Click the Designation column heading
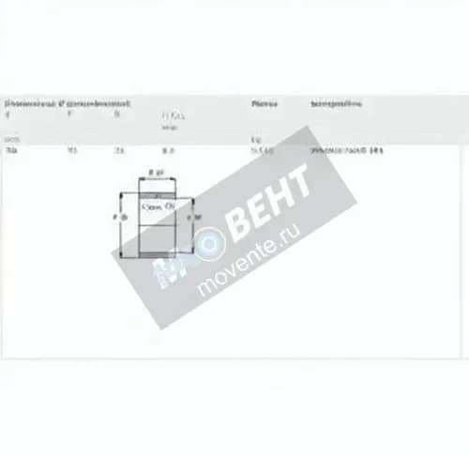[x=336, y=103]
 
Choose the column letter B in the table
[x=117, y=114]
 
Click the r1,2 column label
[x=172, y=115]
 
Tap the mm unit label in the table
[x=10, y=138]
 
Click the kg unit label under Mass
[x=256, y=138]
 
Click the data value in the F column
[x=71, y=150]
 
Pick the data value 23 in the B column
[x=118, y=150]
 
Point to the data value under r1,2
[x=168, y=150]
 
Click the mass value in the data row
[x=262, y=150]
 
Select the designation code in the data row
[x=348, y=150]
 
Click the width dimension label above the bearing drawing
[x=157, y=174]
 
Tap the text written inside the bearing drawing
[x=157, y=205]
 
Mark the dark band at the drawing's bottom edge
[x=157, y=253]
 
